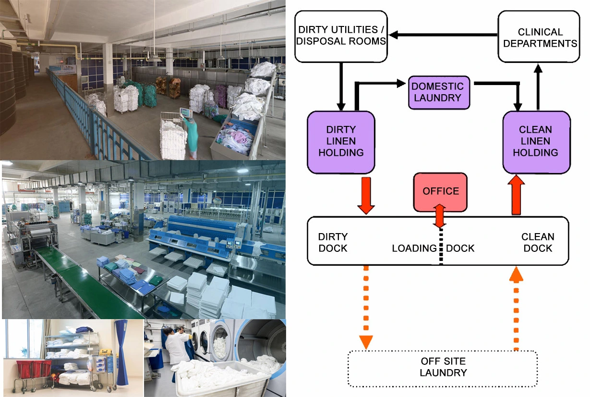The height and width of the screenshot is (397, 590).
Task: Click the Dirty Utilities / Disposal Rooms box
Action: point(341,37)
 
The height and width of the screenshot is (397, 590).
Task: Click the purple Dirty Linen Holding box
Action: point(340,142)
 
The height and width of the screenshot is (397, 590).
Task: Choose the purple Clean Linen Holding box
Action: point(535,142)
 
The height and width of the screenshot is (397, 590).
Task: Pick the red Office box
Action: point(440,191)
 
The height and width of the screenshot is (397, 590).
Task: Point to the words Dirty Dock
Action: point(333,242)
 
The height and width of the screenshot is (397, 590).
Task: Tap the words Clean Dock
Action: point(538,242)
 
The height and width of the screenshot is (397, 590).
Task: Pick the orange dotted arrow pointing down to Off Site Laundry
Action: point(366,308)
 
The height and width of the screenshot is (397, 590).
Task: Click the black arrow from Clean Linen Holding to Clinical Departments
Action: point(538,87)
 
